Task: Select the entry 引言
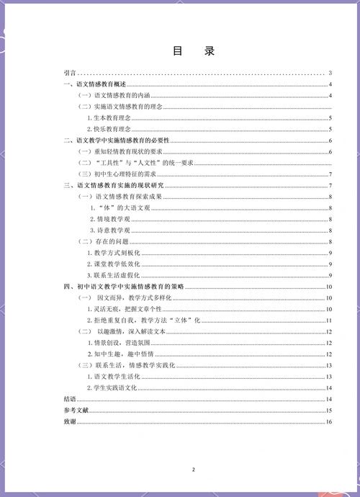click(70, 73)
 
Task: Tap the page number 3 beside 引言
click(329, 73)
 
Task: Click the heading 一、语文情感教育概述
click(96, 86)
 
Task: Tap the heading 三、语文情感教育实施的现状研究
click(114, 186)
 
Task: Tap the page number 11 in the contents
click(328, 320)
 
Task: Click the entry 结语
click(70, 398)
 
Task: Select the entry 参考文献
click(75, 410)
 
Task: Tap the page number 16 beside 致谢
click(328, 421)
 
